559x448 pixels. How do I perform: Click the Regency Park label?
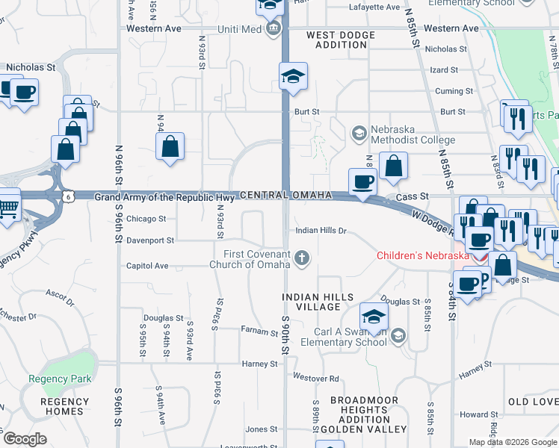60,379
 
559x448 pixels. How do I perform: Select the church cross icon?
302,259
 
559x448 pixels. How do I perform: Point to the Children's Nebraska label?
422,255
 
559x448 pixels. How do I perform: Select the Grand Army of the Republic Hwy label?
164,197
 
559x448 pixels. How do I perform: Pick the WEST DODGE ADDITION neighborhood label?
342,40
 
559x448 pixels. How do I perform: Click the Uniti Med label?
239,29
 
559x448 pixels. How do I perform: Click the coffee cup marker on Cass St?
363,182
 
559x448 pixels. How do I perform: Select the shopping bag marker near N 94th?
170,146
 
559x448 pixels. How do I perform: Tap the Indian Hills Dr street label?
321,231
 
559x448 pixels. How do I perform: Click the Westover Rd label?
316,378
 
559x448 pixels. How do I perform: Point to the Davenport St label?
149,240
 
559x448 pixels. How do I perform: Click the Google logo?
25,439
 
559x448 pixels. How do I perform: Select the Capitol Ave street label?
147,265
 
